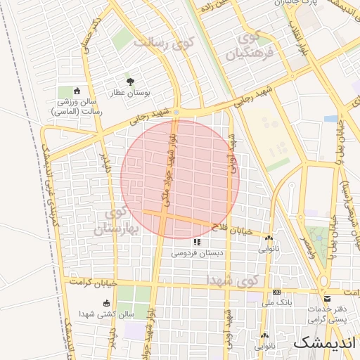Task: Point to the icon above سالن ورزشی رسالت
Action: tap(77, 91)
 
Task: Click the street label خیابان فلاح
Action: tap(232, 229)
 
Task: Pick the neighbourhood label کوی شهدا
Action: tap(232, 279)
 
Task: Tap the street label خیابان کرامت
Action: tap(91, 283)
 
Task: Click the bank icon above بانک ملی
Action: tap(276, 292)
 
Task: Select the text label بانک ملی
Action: tap(276, 302)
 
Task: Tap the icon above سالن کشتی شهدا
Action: tap(106, 304)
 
